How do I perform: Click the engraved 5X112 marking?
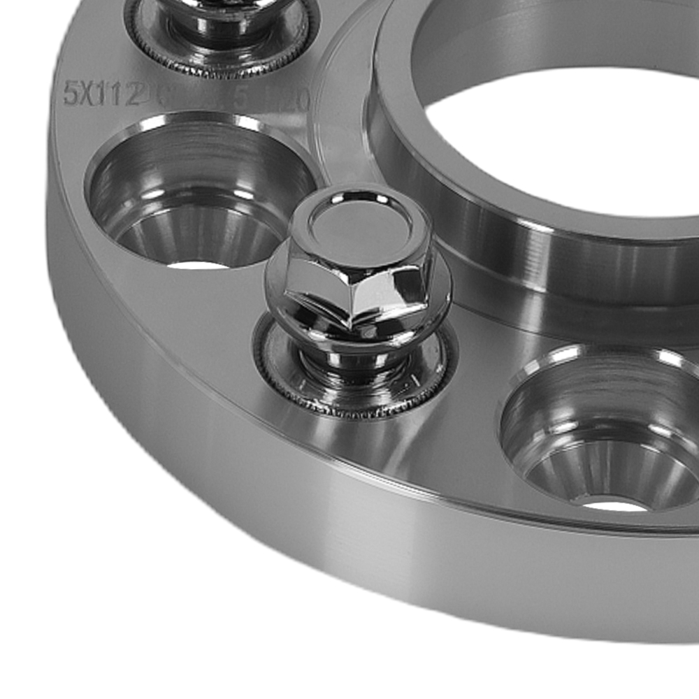coord(102,93)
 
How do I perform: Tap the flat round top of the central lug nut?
coord(358,227)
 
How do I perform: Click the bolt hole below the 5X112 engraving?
coord(199,192)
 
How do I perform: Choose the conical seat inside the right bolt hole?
coord(608,475)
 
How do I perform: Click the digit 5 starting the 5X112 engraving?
coord(69,93)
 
